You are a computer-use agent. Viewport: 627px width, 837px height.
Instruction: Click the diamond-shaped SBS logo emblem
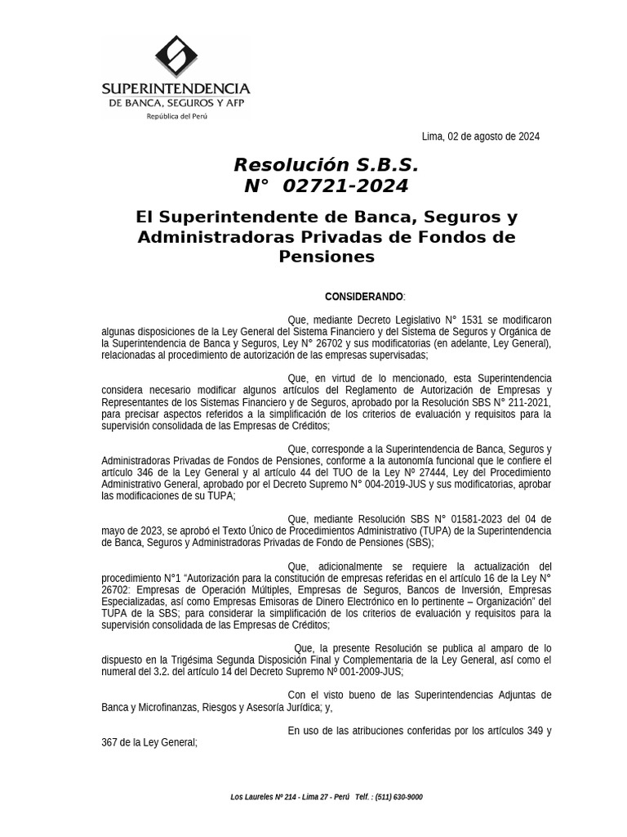click(x=176, y=57)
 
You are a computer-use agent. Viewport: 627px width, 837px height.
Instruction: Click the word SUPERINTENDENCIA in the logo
click(x=176, y=88)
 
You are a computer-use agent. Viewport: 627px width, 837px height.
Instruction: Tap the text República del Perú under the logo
click(x=176, y=117)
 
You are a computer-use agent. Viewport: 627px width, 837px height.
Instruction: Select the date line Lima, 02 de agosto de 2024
click(x=480, y=137)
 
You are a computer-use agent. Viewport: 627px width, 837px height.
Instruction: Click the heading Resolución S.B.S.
click(x=326, y=165)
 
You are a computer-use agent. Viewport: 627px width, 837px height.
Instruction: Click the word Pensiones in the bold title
click(x=327, y=257)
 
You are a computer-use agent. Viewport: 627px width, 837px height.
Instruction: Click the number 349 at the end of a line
click(x=542, y=730)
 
